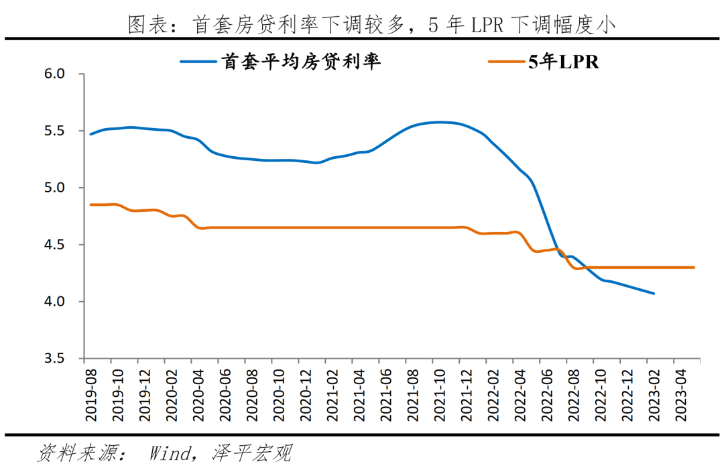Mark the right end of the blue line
(x=654, y=293)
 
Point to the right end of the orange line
(x=693, y=268)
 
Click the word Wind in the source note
(x=171, y=453)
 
